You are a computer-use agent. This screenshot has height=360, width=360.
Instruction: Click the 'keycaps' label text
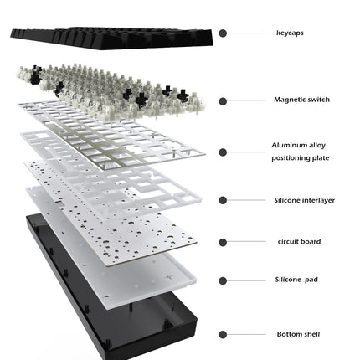click(290, 33)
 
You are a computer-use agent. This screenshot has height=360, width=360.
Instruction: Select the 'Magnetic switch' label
click(301, 100)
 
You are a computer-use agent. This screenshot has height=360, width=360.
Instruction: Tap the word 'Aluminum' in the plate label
click(288, 145)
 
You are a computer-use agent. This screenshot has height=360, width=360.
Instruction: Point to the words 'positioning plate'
click(301, 158)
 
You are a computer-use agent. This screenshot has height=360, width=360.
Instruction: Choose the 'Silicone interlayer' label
click(304, 200)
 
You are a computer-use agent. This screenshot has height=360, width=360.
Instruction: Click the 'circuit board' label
click(299, 242)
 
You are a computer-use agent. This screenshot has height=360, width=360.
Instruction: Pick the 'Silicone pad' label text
click(296, 280)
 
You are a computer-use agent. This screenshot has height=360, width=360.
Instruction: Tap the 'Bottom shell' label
click(298, 334)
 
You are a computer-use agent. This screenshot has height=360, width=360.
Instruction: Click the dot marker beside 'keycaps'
click(223, 33)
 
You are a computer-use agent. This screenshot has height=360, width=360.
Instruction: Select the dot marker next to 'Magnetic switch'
click(223, 101)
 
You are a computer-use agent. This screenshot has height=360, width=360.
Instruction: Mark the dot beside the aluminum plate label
click(223, 152)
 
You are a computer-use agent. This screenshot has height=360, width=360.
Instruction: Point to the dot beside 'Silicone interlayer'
click(223, 200)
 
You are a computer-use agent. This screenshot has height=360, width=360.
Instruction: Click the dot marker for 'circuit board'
click(223, 243)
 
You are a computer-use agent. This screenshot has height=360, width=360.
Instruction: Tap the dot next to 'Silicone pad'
click(223, 280)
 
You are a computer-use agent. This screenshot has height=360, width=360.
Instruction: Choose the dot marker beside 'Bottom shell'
click(223, 334)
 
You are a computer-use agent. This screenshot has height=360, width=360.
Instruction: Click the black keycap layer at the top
click(111, 39)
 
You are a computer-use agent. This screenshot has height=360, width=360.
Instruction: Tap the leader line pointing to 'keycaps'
click(246, 33)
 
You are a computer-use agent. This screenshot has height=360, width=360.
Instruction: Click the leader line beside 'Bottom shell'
click(246, 334)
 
